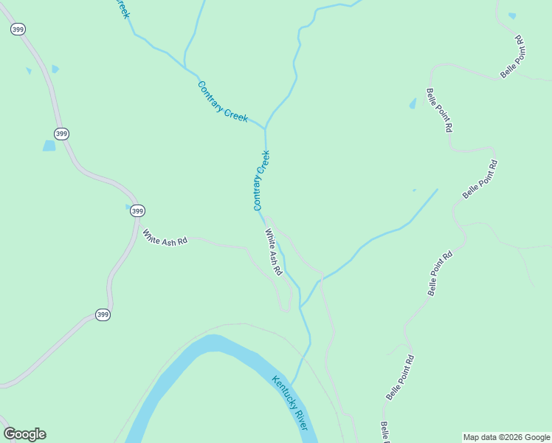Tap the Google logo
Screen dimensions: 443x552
[24, 434]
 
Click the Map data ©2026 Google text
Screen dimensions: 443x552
[506, 437]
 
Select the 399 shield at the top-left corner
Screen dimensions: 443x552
[18, 30]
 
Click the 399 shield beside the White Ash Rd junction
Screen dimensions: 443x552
[137, 211]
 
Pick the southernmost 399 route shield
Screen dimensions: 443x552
[103, 315]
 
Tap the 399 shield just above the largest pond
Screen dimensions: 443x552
[62, 134]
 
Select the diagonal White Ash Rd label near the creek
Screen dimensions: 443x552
[274, 252]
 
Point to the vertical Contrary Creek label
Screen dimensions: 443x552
[262, 180]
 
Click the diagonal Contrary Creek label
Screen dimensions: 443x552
[222, 102]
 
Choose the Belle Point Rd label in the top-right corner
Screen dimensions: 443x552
[511, 56]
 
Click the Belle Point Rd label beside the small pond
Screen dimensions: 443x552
[438, 110]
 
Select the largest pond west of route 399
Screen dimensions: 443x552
[49, 145]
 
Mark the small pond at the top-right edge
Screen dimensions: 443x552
[512, 16]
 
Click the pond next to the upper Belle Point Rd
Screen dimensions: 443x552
[413, 103]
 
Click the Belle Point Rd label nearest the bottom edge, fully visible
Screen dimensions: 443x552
[399, 377]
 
